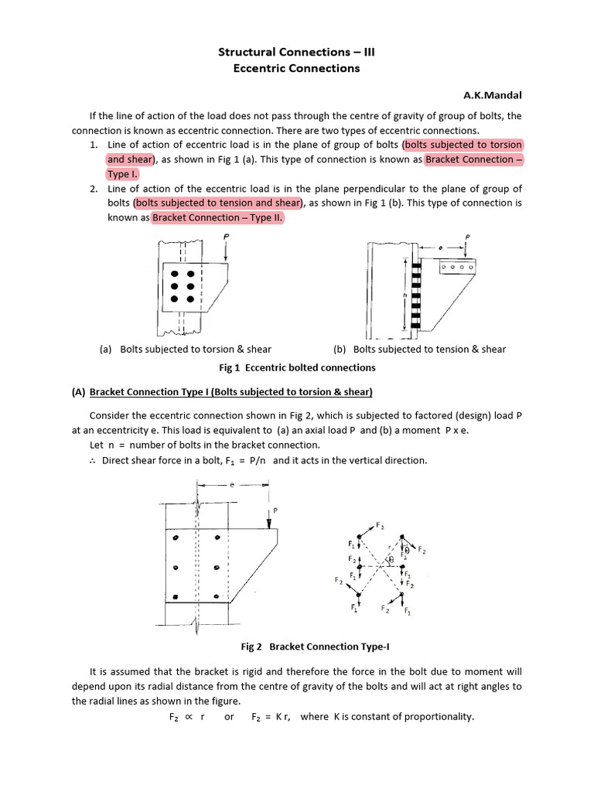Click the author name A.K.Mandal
point(492,95)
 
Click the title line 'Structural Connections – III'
point(297,52)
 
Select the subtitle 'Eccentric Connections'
point(297,68)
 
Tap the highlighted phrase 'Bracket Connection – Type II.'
point(219,218)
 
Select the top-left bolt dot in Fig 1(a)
point(176,275)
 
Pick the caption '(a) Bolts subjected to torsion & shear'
point(186,349)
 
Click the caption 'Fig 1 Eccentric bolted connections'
point(297,367)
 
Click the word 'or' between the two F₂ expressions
point(230,717)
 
